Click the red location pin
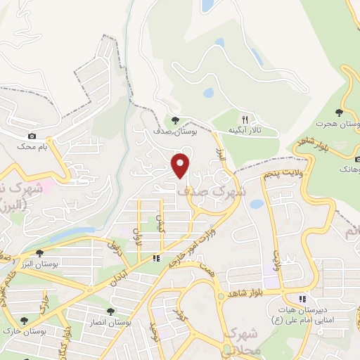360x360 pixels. pos(181,165)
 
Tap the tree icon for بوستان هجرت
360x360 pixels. pos(339,112)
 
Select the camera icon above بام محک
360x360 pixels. pos(32,136)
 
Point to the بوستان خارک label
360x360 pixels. pos(42,331)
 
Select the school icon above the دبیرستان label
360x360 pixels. pos(303,299)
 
